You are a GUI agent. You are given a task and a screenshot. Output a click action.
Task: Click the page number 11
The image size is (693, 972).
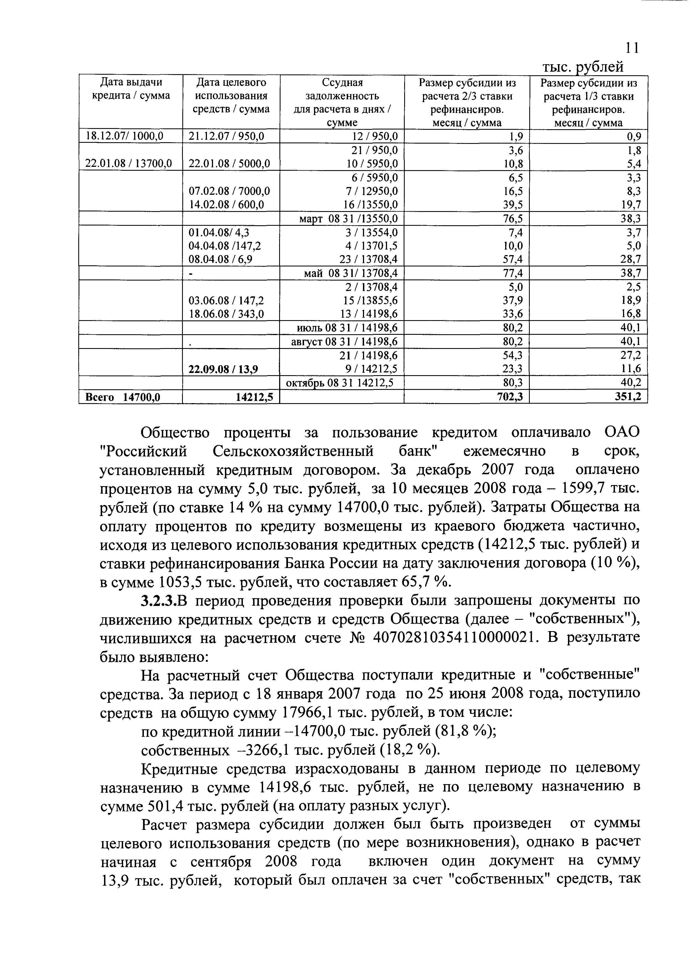(x=632, y=48)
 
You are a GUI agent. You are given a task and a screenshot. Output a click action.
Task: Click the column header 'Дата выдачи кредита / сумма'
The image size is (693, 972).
(x=131, y=89)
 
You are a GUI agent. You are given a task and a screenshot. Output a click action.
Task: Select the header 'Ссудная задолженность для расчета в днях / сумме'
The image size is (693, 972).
(x=342, y=102)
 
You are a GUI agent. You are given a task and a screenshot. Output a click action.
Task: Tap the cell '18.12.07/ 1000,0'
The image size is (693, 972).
(x=125, y=136)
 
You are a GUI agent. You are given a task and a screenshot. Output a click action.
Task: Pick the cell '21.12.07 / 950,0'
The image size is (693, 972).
(x=227, y=136)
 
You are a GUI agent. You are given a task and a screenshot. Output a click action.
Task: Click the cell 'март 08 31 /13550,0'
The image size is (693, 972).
(x=349, y=219)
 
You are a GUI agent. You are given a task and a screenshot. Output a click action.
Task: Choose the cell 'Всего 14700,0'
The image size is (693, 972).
(x=123, y=397)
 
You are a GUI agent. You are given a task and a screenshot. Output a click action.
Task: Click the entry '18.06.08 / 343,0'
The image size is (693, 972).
(x=226, y=314)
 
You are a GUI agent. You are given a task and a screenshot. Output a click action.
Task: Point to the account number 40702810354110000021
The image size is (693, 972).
(x=453, y=638)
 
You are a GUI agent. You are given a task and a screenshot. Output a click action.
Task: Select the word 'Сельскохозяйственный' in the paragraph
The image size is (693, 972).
(x=293, y=452)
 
